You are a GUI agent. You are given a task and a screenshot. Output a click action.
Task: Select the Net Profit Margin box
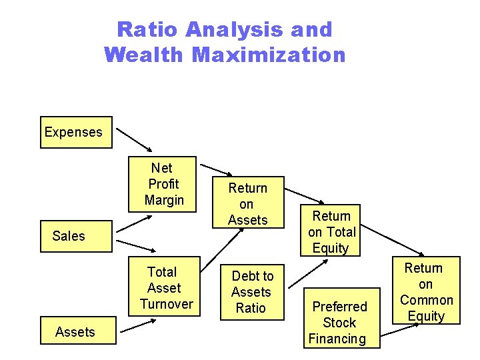[x=163, y=184]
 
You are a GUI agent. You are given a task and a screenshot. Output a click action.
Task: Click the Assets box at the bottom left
[x=75, y=332]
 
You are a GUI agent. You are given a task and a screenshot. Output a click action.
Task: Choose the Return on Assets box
[x=247, y=204]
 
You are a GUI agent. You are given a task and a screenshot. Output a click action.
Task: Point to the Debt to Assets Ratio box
[x=251, y=292]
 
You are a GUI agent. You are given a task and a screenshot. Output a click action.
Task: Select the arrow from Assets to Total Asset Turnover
[x=139, y=326]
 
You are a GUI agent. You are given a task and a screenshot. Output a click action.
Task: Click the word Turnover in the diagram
[x=167, y=304]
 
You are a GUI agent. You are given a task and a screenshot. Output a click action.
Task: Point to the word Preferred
[x=339, y=307]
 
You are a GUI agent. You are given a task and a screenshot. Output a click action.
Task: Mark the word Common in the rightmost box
[x=427, y=300]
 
